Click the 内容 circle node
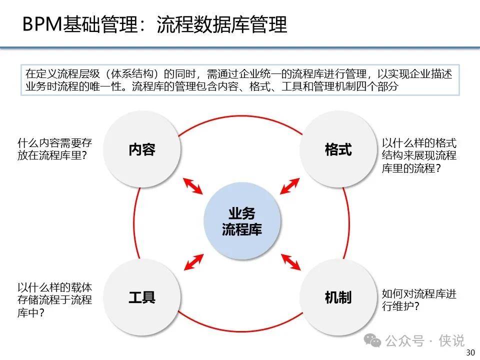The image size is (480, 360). [141, 149]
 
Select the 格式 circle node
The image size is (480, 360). [338, 149]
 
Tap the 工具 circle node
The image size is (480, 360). [141, 297]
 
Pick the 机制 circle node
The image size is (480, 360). [338, 297]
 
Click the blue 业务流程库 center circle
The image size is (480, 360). [242, 221]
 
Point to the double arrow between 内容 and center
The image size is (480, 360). [193, 186]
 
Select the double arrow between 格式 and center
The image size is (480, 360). [289, 186]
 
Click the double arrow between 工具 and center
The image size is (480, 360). [193, 262]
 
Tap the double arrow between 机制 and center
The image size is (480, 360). [291, 262]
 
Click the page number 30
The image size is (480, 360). [470, 352]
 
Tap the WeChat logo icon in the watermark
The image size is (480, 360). [372, 340]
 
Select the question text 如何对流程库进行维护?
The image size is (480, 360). [419, 300]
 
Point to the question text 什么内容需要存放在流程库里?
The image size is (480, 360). [55, 149]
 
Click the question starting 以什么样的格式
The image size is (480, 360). [419, 155]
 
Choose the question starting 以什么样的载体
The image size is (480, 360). [55, 300]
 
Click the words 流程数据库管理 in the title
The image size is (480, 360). [222, 24]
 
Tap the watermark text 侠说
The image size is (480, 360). [451, 340]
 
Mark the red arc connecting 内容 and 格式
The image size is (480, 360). [241, 115]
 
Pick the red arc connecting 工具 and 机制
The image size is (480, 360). [241, 331]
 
